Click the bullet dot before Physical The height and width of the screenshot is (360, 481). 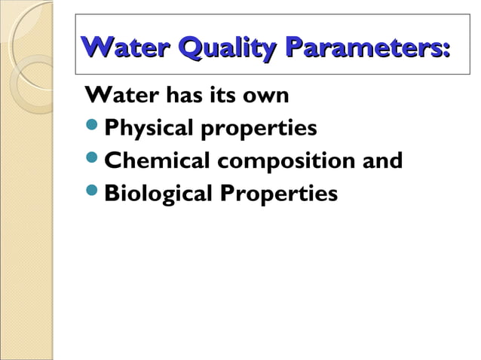click(x=93, y=130)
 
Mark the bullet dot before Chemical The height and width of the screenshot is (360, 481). click(x=93, y=162)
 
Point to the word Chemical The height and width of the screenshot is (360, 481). click(x=156, y=162)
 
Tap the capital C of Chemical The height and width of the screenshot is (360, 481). click(x=112, y=162)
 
